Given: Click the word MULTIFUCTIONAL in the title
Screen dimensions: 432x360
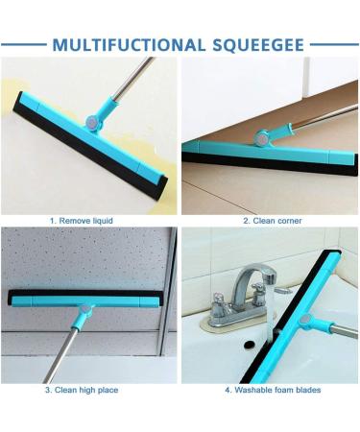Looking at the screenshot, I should pos(127,45).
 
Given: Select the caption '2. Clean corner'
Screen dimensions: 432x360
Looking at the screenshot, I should pos(272,221).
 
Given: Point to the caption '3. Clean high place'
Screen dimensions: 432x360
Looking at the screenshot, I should pos(81,391).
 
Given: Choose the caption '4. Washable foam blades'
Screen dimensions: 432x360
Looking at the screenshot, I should pos(273,391).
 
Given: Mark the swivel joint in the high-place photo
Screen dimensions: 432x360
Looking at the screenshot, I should pos(85,312).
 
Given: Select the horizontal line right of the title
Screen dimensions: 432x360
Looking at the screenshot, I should pos(334,44).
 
